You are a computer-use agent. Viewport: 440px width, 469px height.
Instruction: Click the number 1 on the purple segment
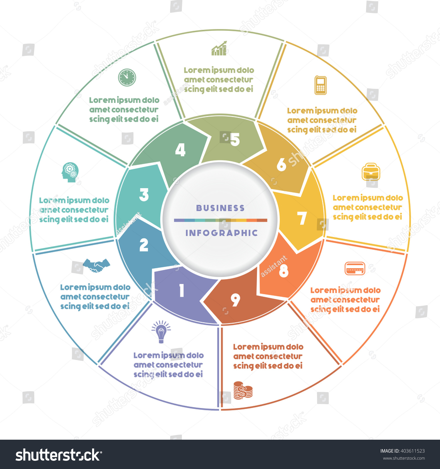[x=182, y=290]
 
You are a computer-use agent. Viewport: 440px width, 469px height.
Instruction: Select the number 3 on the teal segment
[x=144, y=195]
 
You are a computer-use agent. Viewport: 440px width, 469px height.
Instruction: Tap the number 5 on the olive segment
[x=235, y=140]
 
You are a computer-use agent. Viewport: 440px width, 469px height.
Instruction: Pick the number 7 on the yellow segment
[x=302, y=218]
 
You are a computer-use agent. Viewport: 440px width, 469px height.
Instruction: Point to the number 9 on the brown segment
[x=235, y=300]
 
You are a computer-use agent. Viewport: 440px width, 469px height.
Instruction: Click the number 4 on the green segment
[x=180, y=150]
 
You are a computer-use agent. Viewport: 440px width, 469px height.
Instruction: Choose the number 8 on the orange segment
[x=283, y=271]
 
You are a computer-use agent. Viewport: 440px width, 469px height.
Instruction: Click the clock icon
[x=127, y=77]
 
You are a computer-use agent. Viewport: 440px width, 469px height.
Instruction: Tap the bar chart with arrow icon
[x=219, y=48]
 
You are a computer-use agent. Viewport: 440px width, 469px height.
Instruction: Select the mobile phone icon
[x=321, y=85]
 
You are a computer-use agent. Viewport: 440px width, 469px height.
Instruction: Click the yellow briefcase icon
[x=371, y=172]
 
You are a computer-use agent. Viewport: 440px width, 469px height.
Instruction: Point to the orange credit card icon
[x=355, y=268]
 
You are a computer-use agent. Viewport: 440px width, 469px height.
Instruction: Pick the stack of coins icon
[x=243, y=390]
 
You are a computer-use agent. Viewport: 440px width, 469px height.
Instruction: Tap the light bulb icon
[x=161, y=332]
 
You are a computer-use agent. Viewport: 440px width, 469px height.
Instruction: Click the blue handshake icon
[x=96, y=265]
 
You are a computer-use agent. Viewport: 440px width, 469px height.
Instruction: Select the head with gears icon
[x=70, y=172]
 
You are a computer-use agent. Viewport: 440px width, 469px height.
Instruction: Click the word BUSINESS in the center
[x=220, y=208]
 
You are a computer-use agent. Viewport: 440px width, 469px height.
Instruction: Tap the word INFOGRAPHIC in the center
[x=221, y=233]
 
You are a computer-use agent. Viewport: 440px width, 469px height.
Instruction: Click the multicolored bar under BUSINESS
[x=221, y=220]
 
